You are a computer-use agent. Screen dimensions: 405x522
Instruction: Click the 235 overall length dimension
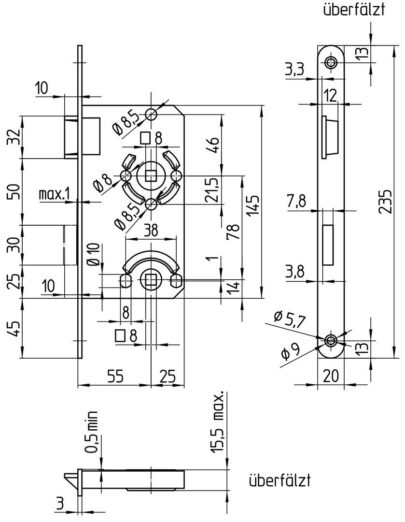point(386,202)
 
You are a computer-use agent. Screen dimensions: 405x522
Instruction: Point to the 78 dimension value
point(235,232)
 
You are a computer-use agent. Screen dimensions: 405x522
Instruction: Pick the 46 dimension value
point(213,144)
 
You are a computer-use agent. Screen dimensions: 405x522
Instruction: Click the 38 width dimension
point(151,231)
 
